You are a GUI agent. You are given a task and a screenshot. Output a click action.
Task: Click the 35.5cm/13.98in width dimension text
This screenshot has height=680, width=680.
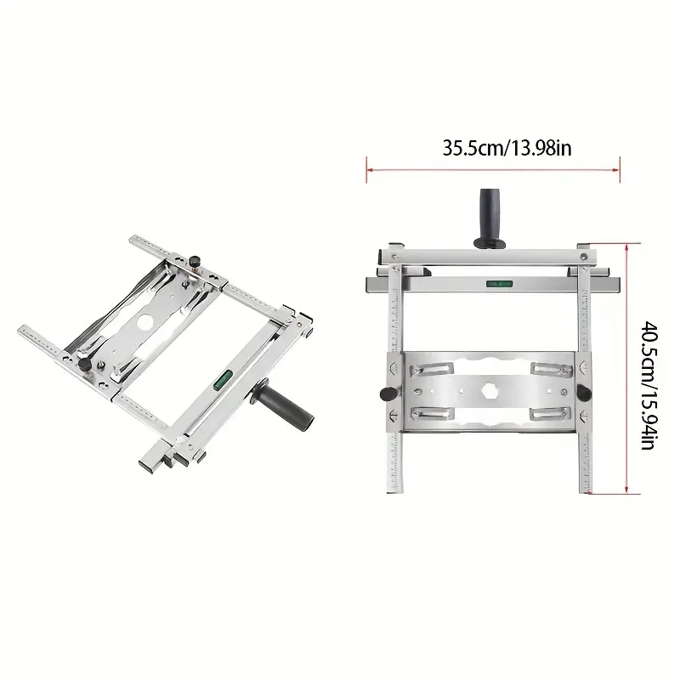click(x=507, y=148)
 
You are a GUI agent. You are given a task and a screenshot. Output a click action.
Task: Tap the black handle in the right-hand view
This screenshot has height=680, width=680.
click(x=490, y=219)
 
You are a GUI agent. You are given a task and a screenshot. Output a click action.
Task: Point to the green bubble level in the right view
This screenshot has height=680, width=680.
click(x=499, y=284)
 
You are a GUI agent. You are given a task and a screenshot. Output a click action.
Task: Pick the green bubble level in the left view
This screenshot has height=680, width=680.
click(x=224, y=378)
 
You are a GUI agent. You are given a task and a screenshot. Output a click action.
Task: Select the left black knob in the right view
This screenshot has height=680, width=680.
click(x=388, y=394)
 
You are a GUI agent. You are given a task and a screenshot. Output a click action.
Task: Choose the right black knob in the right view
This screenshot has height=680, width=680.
click(x=584, y=393)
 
